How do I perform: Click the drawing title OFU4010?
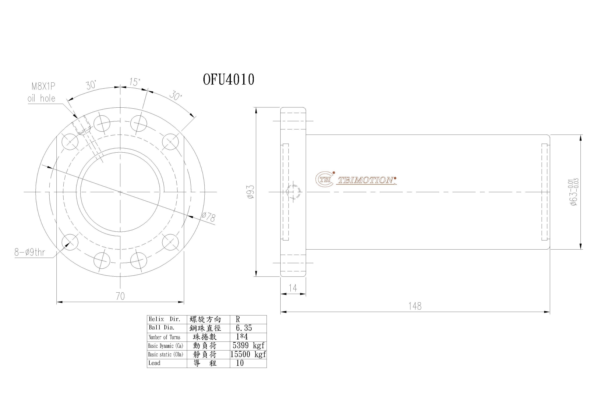click(228, 79)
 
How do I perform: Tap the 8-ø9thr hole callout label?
click(30, 252)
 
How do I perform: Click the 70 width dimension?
click(120, 296)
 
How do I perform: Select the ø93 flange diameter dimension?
click(251, 192)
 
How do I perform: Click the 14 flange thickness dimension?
click(293, 288)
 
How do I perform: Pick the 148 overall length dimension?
click(415, 306)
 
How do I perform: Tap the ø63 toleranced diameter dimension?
click(574, 192)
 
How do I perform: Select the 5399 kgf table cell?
click(248, 345)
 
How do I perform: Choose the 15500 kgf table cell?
click(248, 354)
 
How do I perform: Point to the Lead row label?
click(154, 363)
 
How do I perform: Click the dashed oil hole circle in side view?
click(293, 192)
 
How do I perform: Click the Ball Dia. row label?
click(162, 328)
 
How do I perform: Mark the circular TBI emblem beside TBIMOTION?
click(325, 179)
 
